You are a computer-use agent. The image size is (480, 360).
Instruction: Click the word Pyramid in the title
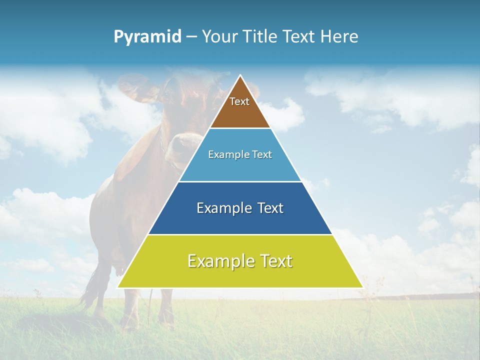tap(147, 36)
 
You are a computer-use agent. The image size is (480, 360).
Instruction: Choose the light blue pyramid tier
tap(240, 167)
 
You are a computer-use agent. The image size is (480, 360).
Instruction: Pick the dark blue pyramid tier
tap(240, 220)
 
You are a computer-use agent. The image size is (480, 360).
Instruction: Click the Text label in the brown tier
tap(239, 101)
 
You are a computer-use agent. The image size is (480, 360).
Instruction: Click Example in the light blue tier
tap(227, 154)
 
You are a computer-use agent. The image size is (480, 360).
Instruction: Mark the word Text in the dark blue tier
tap(270, 208)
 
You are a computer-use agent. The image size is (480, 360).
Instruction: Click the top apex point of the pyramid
tap(240, 76)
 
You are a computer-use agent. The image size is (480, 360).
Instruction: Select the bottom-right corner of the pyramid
tap(362, 287)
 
